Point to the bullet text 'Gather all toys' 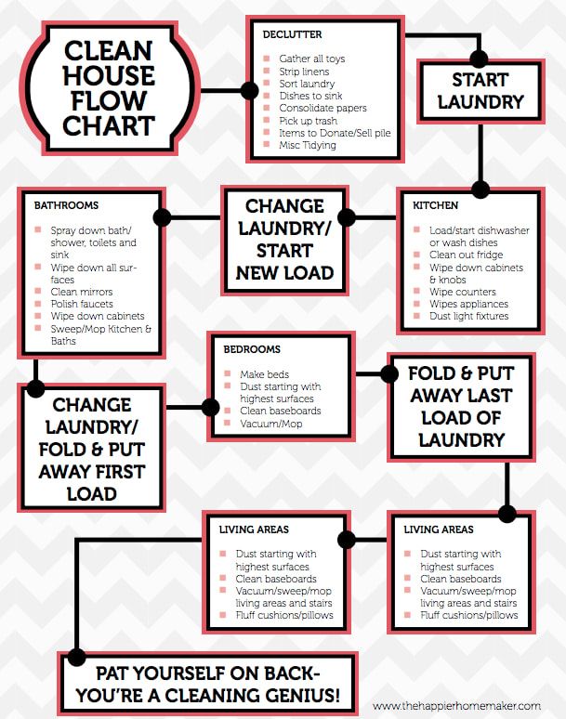[x=311, y=59]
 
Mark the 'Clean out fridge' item [x=467, y=255]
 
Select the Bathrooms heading [x=66, y=204]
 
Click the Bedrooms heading [x=252, y=350]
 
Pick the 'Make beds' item [x=266, y=373]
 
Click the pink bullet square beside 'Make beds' [x=229, y=373]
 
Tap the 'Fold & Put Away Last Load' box [x=461, y=406]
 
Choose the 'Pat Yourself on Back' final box [x=210, y=683]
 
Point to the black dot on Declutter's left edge [x=249, y=90]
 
